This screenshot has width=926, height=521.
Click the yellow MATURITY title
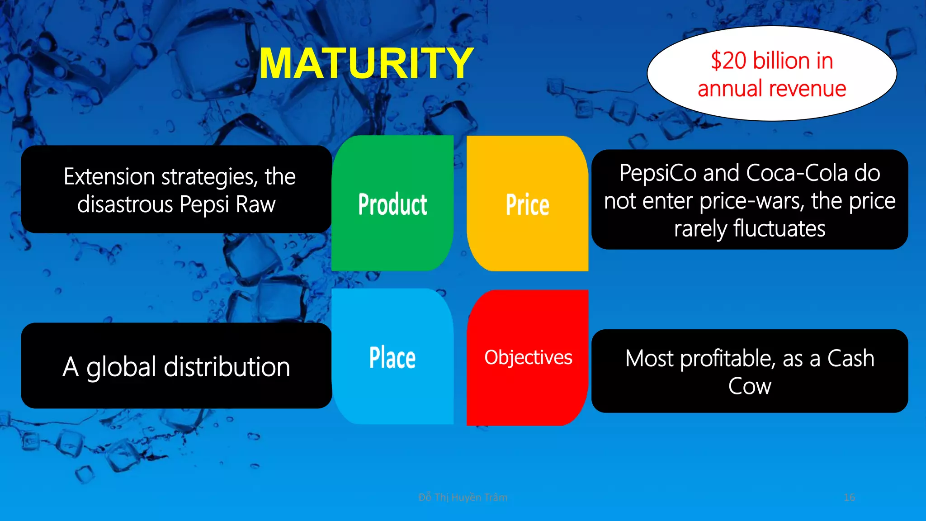(366, 64)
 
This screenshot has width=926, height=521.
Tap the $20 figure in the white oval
(728, 61)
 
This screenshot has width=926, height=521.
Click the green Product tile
(392, 204)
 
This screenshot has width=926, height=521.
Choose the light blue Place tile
(392, 357)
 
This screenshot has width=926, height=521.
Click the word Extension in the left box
(109, 176)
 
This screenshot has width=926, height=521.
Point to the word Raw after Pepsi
(255, 204)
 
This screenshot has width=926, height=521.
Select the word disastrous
(125, 204)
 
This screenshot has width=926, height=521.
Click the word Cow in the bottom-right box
(749, 386)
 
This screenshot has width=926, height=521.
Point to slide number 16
(849, 497)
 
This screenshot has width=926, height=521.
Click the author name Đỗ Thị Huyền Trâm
(463, 497)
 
